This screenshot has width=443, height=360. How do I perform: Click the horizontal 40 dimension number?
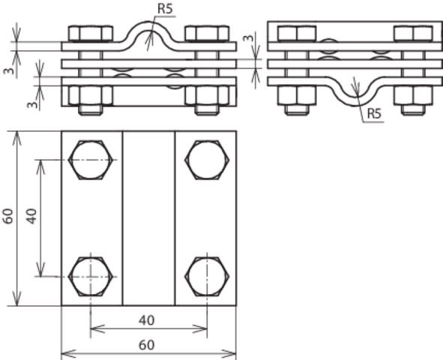147,320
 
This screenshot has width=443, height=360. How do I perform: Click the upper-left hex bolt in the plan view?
91,160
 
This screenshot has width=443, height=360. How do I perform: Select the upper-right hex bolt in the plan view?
207,160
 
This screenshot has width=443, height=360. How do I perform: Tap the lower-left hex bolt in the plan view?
91,276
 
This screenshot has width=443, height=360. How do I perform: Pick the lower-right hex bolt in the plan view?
207,276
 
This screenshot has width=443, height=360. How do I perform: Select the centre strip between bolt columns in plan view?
148,217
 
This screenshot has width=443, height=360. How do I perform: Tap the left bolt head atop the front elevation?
91,34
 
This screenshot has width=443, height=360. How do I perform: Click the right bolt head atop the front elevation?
207,34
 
